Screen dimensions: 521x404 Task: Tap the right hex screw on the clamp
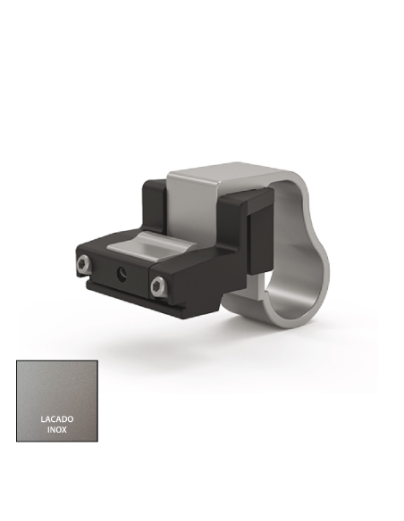159,285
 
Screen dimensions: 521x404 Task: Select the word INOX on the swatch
57,429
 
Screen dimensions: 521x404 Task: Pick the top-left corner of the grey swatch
18,362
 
